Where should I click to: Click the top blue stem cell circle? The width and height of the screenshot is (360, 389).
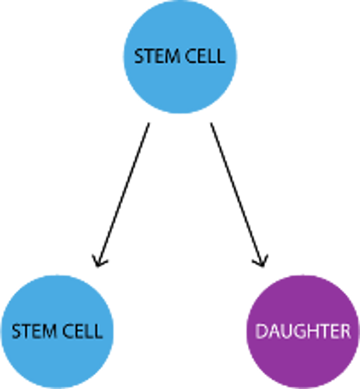pyautogui.click(x=180, y=57)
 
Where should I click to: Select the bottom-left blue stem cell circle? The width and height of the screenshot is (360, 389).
pyautogui.click(x=58, y=332)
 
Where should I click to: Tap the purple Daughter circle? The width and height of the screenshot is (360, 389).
pyautogui.click(x=303, y=332)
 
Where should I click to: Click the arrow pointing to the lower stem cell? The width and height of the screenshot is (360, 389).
pyautogui.click(x=122, y=194)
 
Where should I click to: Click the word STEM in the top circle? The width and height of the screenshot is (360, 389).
pyautogui.click(x=157, y=56)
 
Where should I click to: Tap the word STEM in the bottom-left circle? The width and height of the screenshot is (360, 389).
pyautogui.click(x=35, y=331)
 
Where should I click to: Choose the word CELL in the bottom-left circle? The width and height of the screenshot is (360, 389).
pyautogui.click(x=83, y=331)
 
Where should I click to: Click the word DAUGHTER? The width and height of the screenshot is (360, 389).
pyautogui.click(x=303, y=331)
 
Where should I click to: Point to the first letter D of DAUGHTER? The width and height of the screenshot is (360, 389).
pyautogui.click(x=261, y=331)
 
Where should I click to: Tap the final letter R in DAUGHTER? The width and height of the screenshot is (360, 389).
pyautogui.click(x=345, y=331)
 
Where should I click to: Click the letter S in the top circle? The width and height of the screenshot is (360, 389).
pyautogui.click(x=139, y=56)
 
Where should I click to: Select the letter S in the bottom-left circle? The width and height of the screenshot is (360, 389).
pyautogui.click(x=16, y=331)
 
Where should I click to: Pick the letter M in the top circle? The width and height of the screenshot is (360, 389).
pyautogui.click(x=173, y=56)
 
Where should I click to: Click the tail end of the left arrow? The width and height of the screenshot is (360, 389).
pyautogui.click(x=149, y=123)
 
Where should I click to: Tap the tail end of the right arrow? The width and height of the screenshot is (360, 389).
pyautogui.click(x=211, y=123)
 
